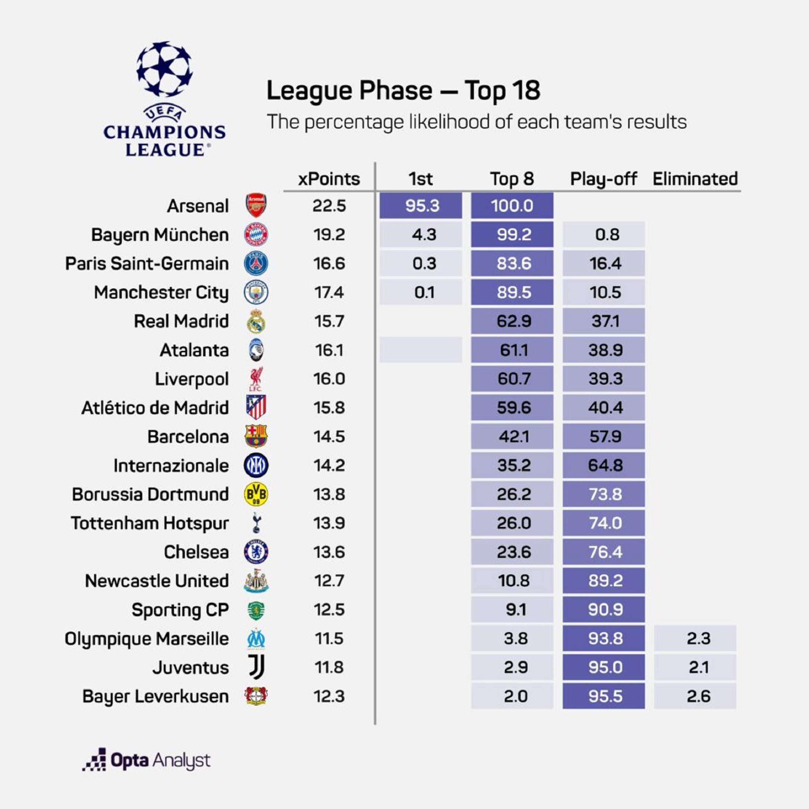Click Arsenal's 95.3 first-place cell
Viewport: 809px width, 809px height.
click(x=421, y=206)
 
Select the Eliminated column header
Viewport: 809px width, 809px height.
click(x=695, y=179)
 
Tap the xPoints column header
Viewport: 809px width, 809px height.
click(x=329, y=179)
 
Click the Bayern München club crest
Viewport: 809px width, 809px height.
click(x=256, y=235)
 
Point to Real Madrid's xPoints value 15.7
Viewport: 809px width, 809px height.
click(x=329, y=321)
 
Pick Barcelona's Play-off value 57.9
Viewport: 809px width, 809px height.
click(x=603, y=436)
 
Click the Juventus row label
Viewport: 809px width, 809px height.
click(x=190, y=667)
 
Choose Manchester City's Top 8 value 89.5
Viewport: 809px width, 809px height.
click(x=512, y=292)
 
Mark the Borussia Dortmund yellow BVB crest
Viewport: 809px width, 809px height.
click(x=256, y=494)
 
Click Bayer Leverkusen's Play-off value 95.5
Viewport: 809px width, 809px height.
click(x=603, y=696)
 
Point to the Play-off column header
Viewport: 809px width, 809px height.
click(x=603, y=179)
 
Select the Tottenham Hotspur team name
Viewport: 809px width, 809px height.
click(x=150, y=523)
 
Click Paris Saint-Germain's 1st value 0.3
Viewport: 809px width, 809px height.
click(x=421, y=263)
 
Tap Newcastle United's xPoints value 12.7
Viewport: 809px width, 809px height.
click(x=329, y=581)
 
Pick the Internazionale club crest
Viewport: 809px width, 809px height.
click(x=256, y=465)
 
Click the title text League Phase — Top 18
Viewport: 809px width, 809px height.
click(x=403, y=90)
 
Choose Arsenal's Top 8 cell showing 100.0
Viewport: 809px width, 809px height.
click(x=512, y=206)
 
